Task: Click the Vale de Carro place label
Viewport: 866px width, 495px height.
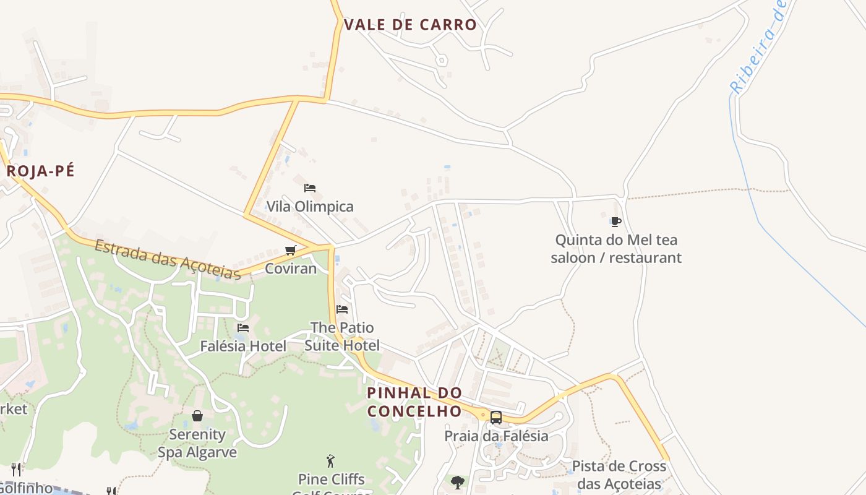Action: pos(410,25)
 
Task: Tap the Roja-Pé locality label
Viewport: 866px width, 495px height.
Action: pos(40,171)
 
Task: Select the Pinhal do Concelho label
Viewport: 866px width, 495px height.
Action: pos(414,402)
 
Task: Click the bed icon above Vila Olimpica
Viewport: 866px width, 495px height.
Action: pos(310,187)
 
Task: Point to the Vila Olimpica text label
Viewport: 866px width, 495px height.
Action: pos(310,207)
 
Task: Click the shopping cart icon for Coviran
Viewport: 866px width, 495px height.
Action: pos(290,250)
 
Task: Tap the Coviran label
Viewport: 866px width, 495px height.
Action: pos(290,269)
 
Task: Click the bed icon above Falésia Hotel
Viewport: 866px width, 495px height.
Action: pos(243,327)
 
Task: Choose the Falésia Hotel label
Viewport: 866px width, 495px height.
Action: pos(243,346)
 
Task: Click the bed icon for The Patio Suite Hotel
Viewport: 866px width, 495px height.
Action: pos(342,309)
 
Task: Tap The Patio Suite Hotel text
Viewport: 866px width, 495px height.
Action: pos(342,336)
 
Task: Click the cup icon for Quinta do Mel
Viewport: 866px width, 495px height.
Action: pos(615,222)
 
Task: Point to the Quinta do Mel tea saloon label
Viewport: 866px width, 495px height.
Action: pos(616,249)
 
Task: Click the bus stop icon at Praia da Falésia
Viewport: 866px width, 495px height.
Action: pos(496,417)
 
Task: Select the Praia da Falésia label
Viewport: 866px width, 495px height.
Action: pos(496,436)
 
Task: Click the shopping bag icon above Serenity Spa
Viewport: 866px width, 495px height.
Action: pos(197,415)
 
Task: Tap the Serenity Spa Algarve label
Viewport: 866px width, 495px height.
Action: pos(197,443)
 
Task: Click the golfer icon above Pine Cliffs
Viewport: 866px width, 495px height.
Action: pos(331,461)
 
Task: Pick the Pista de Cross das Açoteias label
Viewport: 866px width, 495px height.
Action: pos(619,475)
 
